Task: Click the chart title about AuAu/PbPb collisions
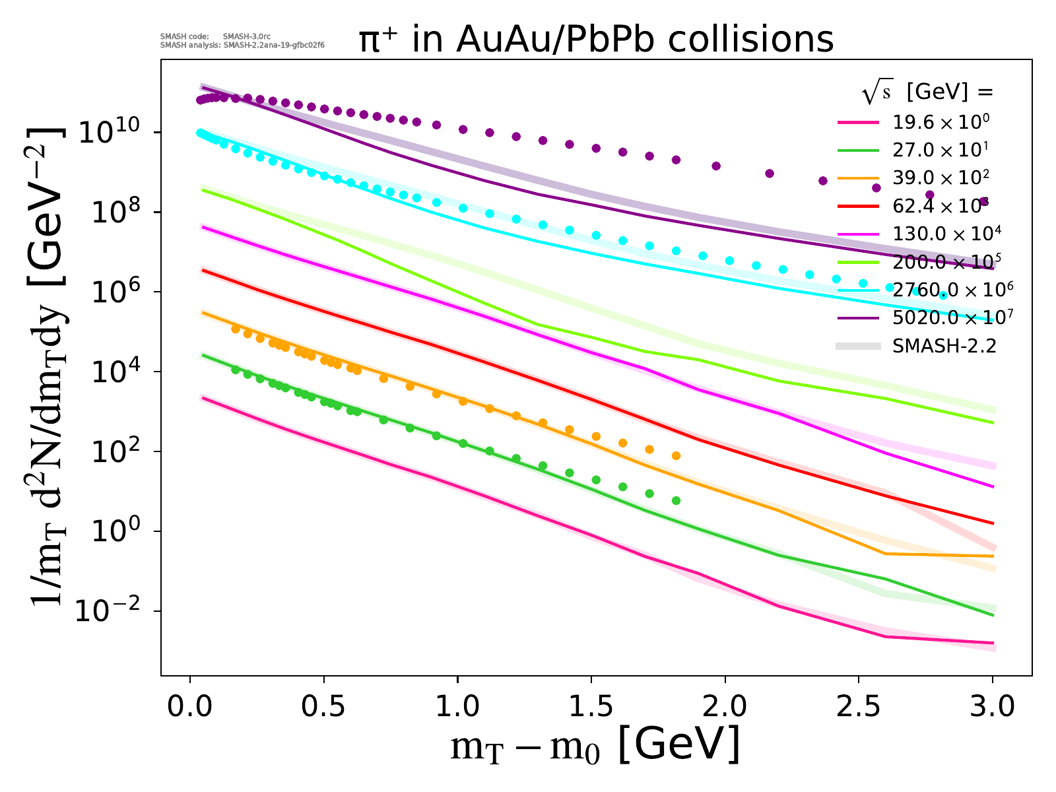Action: [596, 40]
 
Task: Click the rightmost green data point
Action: [676, 501]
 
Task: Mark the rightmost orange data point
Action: [676, 456]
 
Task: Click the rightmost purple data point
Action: [983, 201]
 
